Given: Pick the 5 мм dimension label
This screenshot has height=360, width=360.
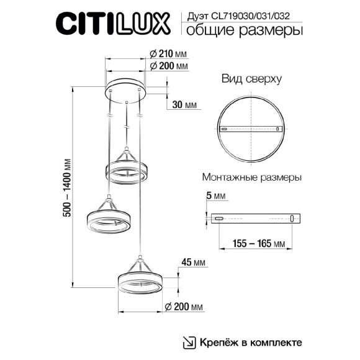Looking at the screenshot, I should point(212,197).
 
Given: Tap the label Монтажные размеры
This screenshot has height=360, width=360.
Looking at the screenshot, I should point(252,177).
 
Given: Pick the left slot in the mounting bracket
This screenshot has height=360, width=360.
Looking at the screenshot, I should point(219,218).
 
